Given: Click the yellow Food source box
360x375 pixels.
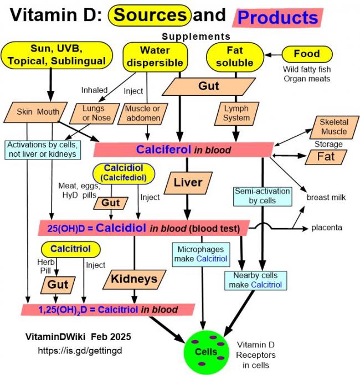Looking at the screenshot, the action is pyautogui.click(x=307, y=54).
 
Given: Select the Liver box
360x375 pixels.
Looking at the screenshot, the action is pyautogui.click(x=188, y=183).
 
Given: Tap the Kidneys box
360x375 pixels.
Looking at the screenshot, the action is pyautogui.click(x=135, y=279).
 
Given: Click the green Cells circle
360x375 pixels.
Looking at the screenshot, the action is pyautogui.click(x=206, y=352).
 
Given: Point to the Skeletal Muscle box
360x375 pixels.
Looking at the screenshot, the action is pyautogui.click(x=334, y=127).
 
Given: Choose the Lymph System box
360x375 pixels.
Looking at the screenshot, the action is pyautogui.click(x=236, y=114).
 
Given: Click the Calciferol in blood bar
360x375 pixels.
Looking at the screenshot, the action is pyautogui.click(x=183, y=150).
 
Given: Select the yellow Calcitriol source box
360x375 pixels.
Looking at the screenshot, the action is pyautogui.click(x=70, y=249).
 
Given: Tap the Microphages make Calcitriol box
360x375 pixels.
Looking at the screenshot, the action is pyautogui.click(x=201, y=254).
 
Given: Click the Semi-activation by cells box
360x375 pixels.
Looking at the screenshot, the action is pyautogui.click(x=263, y=196).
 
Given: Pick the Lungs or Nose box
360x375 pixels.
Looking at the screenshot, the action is pyautogui.click(x=95, y=114).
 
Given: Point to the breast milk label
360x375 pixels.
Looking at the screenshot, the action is pyautogui.click(x=326, y=198).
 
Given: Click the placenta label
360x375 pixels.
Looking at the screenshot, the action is pyautogui.click(x=327, y=228).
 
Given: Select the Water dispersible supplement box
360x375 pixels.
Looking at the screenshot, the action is pyautogui.click(x=155, y=57).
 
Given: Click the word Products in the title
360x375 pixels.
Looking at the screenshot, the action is pyautogui.click(x=277, y=18).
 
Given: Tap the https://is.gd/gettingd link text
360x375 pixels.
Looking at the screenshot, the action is pyautogui.click(x=80, y=351).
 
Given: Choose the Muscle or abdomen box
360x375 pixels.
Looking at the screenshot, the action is pyautogui.click(x=143, y=114).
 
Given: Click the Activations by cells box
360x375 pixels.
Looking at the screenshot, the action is pyautogui.click(x=43, y=150).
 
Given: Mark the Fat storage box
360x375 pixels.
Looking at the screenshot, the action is pyautogui.click(x=326, y=157).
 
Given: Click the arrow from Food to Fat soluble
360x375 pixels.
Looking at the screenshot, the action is pyautogui.click(x=273, y=55).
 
